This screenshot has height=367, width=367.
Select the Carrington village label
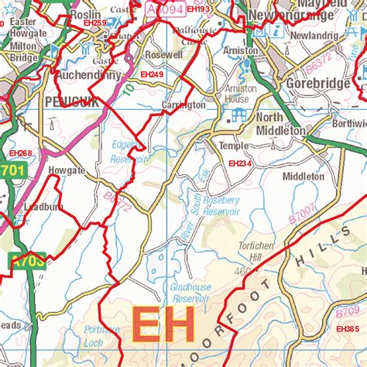(183, 105)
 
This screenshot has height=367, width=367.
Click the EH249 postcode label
(152, 74)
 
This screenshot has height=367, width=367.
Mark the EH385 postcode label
(348, 329)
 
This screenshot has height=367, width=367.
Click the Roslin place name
(84, 14)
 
